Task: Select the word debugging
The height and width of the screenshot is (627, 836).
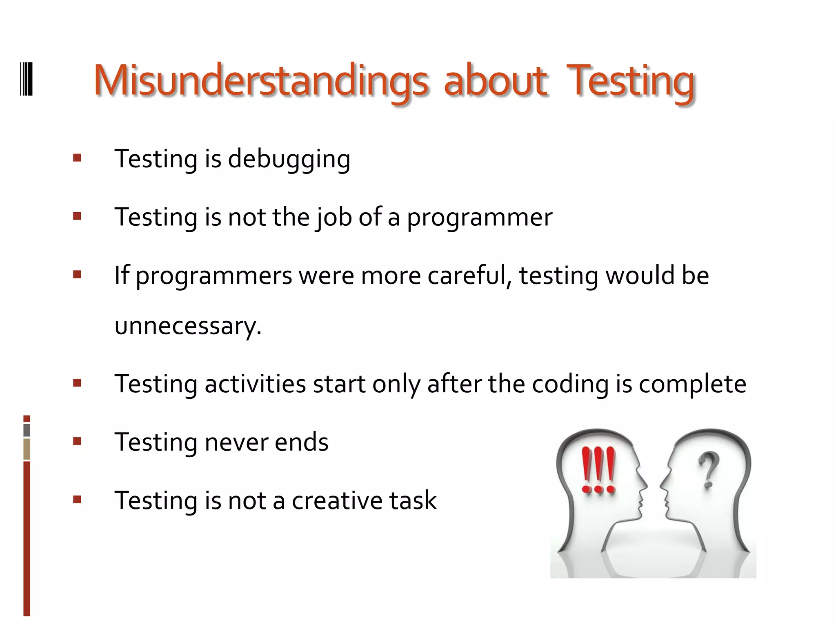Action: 289,159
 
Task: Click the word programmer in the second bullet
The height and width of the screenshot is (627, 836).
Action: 480,218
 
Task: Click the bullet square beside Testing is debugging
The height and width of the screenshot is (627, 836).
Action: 77,158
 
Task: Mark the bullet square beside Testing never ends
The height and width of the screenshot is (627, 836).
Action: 77,441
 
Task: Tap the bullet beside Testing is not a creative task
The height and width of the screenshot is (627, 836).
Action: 77,500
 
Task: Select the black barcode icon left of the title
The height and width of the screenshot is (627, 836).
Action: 27,79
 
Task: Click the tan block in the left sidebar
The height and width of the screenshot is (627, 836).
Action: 27,449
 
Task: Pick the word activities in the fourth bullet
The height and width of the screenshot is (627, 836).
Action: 255,385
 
